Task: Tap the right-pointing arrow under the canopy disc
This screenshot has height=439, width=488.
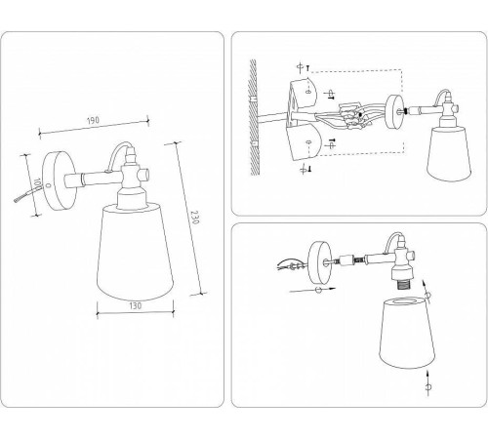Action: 304,290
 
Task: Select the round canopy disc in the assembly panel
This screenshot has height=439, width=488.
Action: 320,260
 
